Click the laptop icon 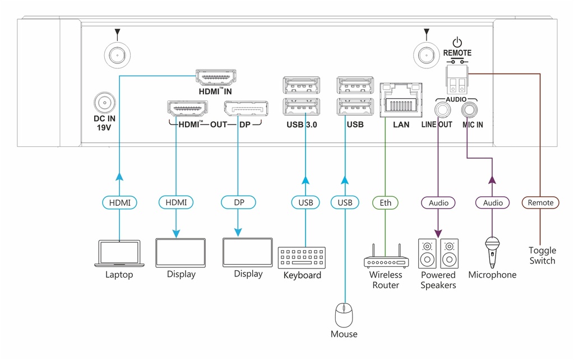pyautogui.click(x=119, y=253)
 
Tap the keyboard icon pyautogui.click(x=302, y=257)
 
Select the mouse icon pyautogui.click(x=344, y=315)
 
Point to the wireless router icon pyautogui.click(x=386, y=256)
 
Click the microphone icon pyautogui.click(x=492, y=252)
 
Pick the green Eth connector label pyautogui.click(x=385, y=202)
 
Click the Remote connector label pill pyautogui.click(x=540, y=202)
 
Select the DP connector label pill pyautogui.click(x=238, y=202)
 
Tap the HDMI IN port pyautogui.click(x=216, y=77)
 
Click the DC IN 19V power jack pyautogui.click(x=105, y=103)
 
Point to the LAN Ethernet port pyautogui.click(x=401, y=100)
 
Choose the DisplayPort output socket pyautogui.click(x=246, y=109)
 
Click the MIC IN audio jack pyautogui.click(x=469, y=109)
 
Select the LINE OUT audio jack pyautogui.click(x=443, y=109)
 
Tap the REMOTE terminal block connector pyautogui.click(x=457, y=80)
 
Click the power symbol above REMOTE pyautogui.click(x=457, y=42)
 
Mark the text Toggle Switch pyautogui.click(x=542, y=256)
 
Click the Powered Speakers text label pyautogui.click(x=438, y=280)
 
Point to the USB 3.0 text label pyautogui.click(x=302, y=124)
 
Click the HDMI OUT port pyautogui.click(x=187, y=109)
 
